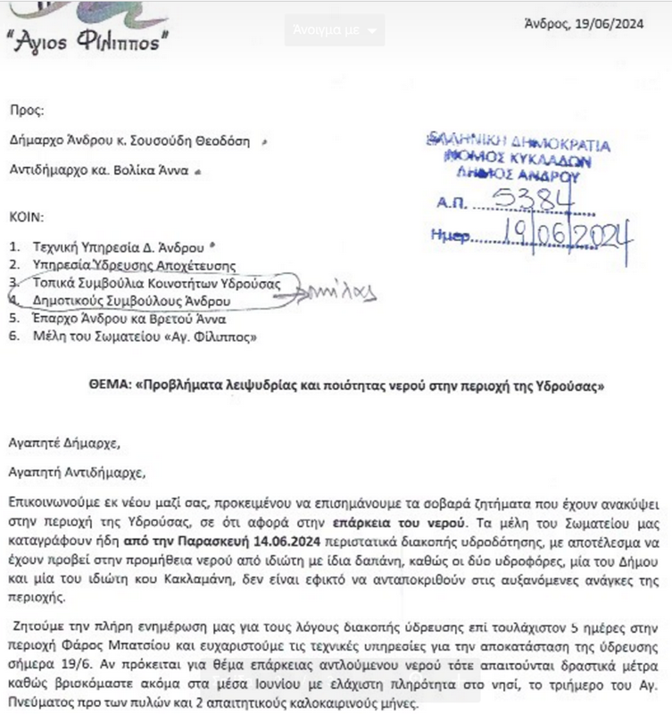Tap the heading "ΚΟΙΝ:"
point(26,217)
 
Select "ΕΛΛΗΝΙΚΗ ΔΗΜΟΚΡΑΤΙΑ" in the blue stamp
point(518,143)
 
